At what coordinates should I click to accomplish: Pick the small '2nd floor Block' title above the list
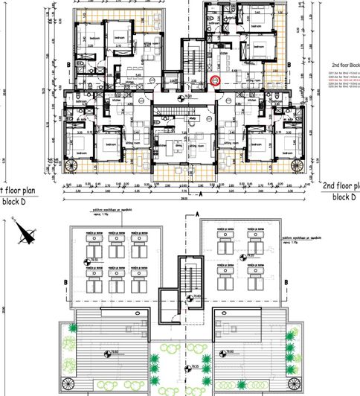pos(341,65)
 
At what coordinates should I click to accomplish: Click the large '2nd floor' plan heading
pos(341,185)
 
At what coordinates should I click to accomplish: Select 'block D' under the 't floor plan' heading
pos(17,201)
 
